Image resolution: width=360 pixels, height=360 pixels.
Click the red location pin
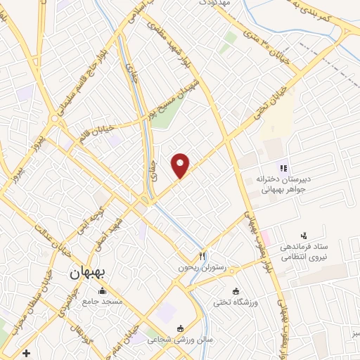[x=181, y=165]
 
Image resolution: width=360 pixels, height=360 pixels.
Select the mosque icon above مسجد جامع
[x=103, y=291]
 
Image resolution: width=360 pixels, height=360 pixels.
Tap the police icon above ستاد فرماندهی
[x=304, y=235]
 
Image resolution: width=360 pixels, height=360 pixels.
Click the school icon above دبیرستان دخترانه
[x=283, y=168]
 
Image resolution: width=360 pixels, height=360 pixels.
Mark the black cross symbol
[x=27, y=352]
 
